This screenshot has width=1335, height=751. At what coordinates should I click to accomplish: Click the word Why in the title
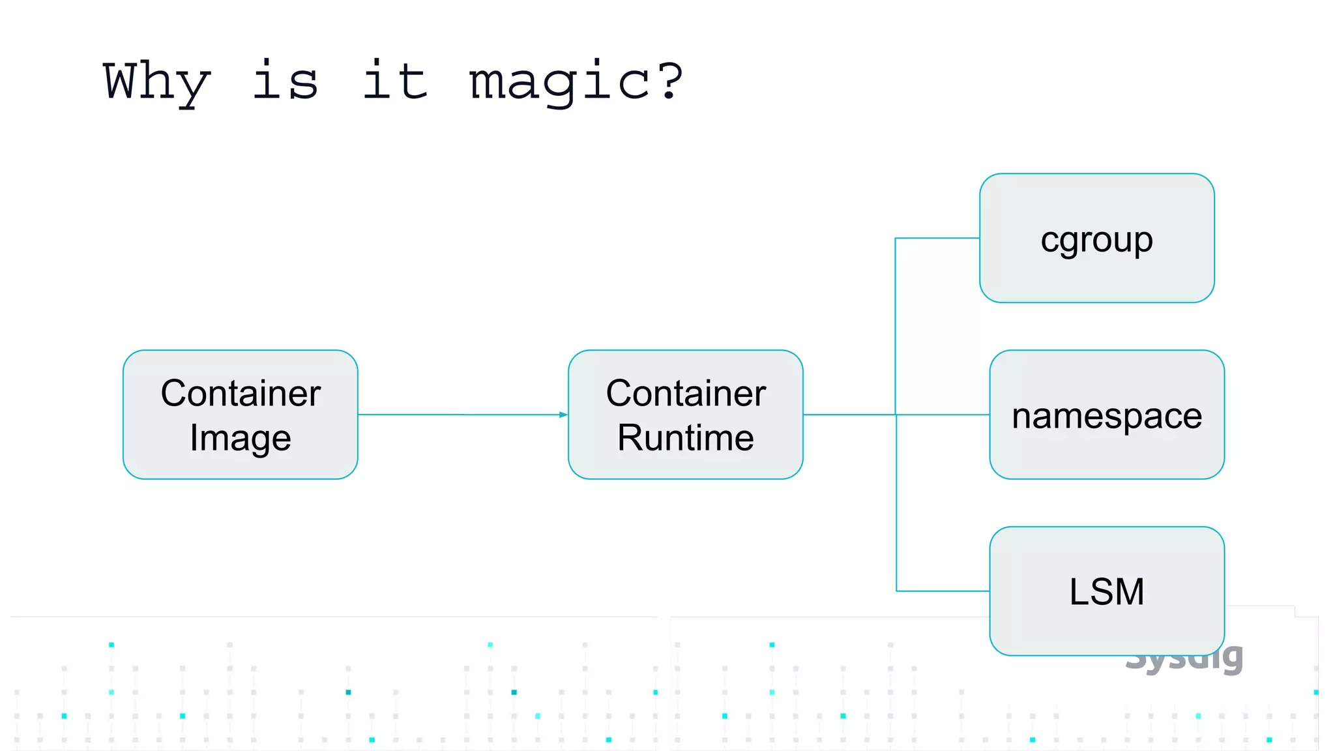(156, 81)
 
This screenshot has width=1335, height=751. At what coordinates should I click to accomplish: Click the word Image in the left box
(241, 438)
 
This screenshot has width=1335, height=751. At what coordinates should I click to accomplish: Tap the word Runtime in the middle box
(685, 437)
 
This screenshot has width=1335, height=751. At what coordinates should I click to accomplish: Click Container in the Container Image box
(241, 393)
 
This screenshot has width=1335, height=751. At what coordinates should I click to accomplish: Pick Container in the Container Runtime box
(685, 393)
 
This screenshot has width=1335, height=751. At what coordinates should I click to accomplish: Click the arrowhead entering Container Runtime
(563, 415)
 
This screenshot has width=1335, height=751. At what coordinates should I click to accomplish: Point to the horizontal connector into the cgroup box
(937, 239)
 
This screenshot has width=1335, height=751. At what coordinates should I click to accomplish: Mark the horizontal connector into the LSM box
(943, 591)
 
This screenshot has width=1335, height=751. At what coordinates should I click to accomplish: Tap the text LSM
(1106, 592)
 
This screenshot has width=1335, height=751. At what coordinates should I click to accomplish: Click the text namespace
(1106, 416)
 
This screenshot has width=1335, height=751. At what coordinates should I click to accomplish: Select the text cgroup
(1096, 240)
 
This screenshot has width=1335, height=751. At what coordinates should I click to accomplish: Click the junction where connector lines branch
(896, 415)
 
